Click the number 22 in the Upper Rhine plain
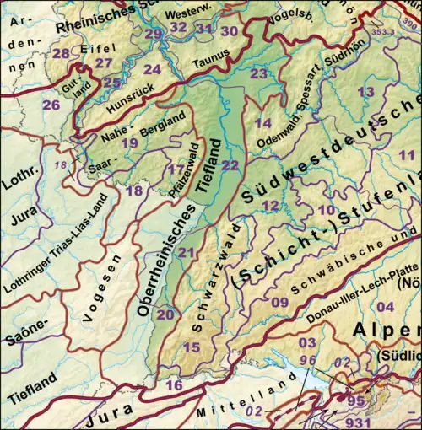[x=230, y=165]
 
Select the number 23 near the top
[x=258, y=74]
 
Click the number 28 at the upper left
[x=61, y=54]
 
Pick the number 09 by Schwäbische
[x=280, y=302]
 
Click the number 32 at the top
[x=178, y=27]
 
